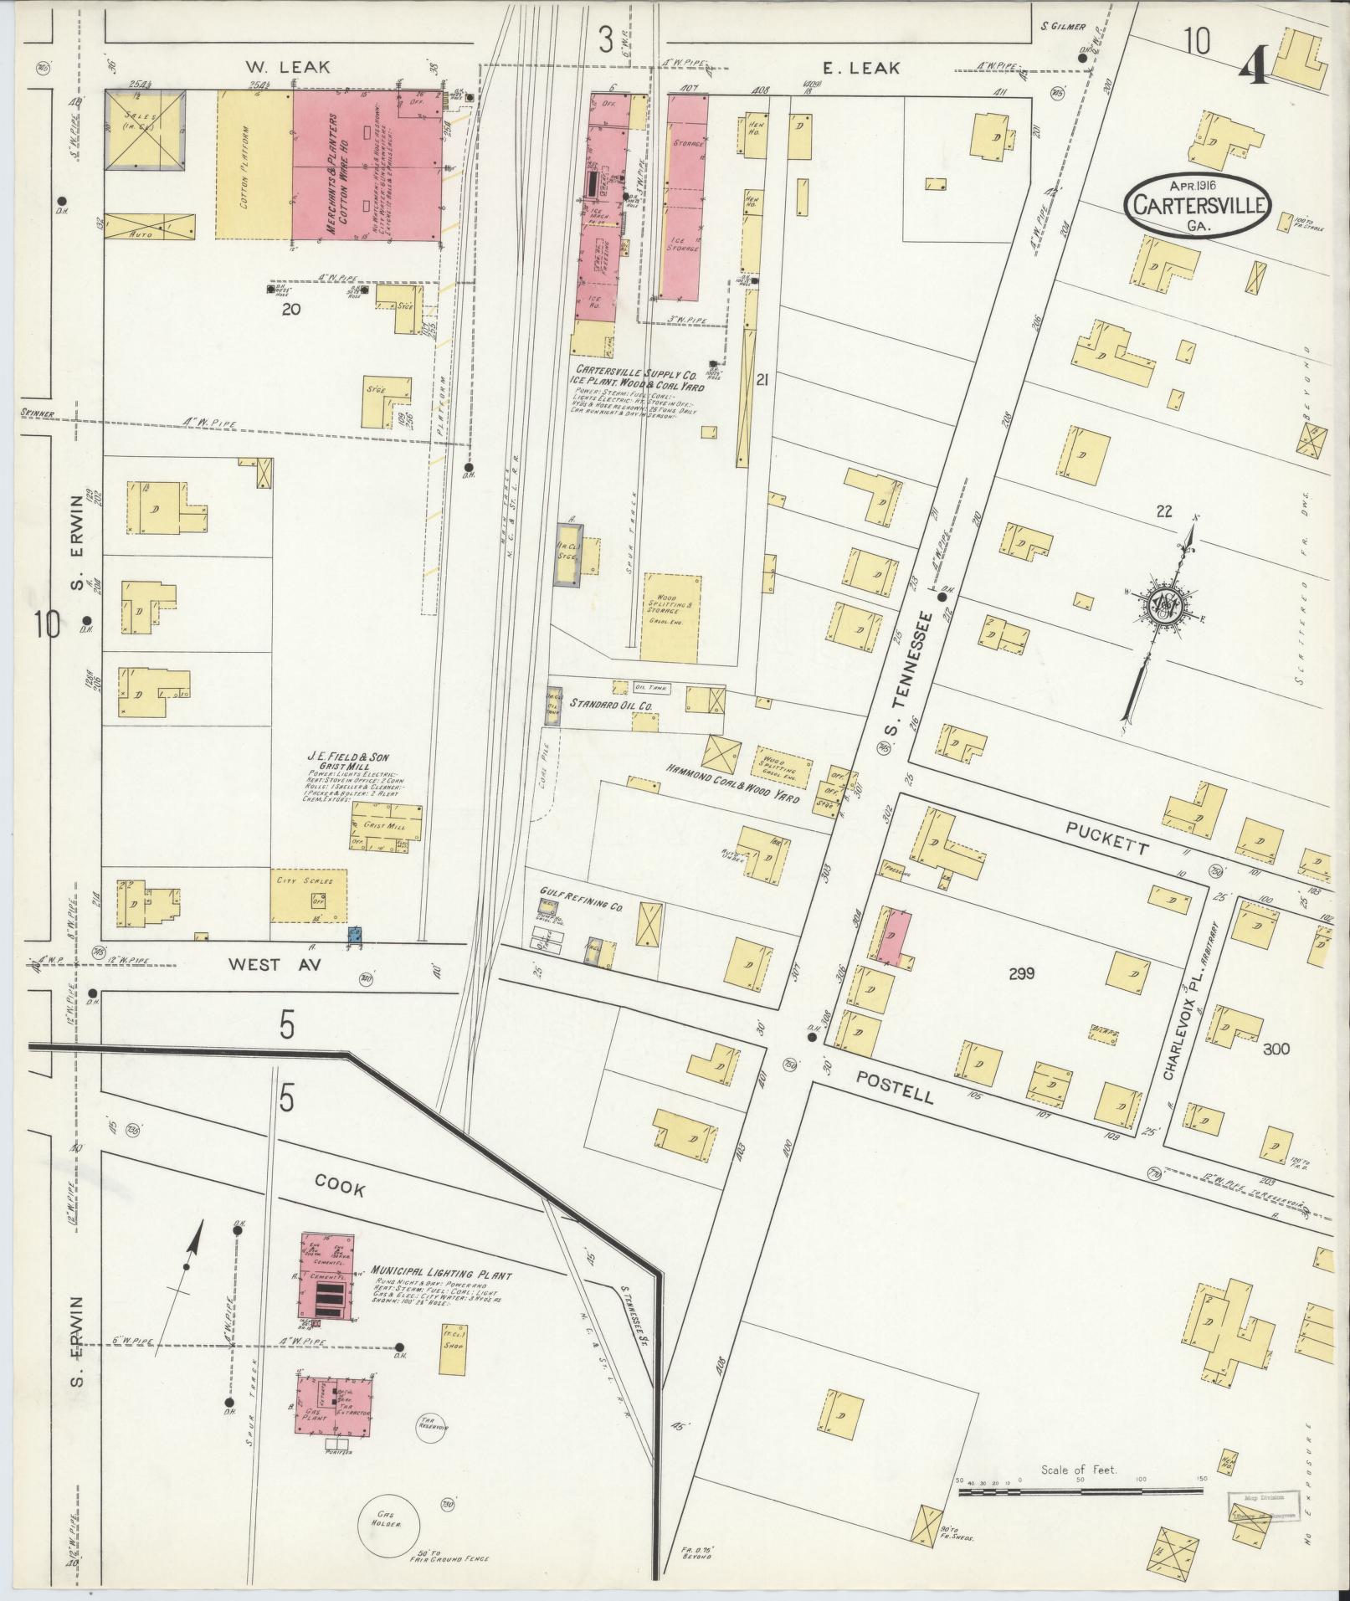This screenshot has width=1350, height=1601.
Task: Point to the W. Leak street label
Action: [289, 66]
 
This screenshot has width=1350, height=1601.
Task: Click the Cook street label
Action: [340, 1185]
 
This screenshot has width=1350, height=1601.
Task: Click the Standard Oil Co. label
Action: [611, 706]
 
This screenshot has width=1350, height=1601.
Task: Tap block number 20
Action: [290, 309]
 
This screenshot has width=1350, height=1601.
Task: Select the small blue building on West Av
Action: [354, 933]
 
